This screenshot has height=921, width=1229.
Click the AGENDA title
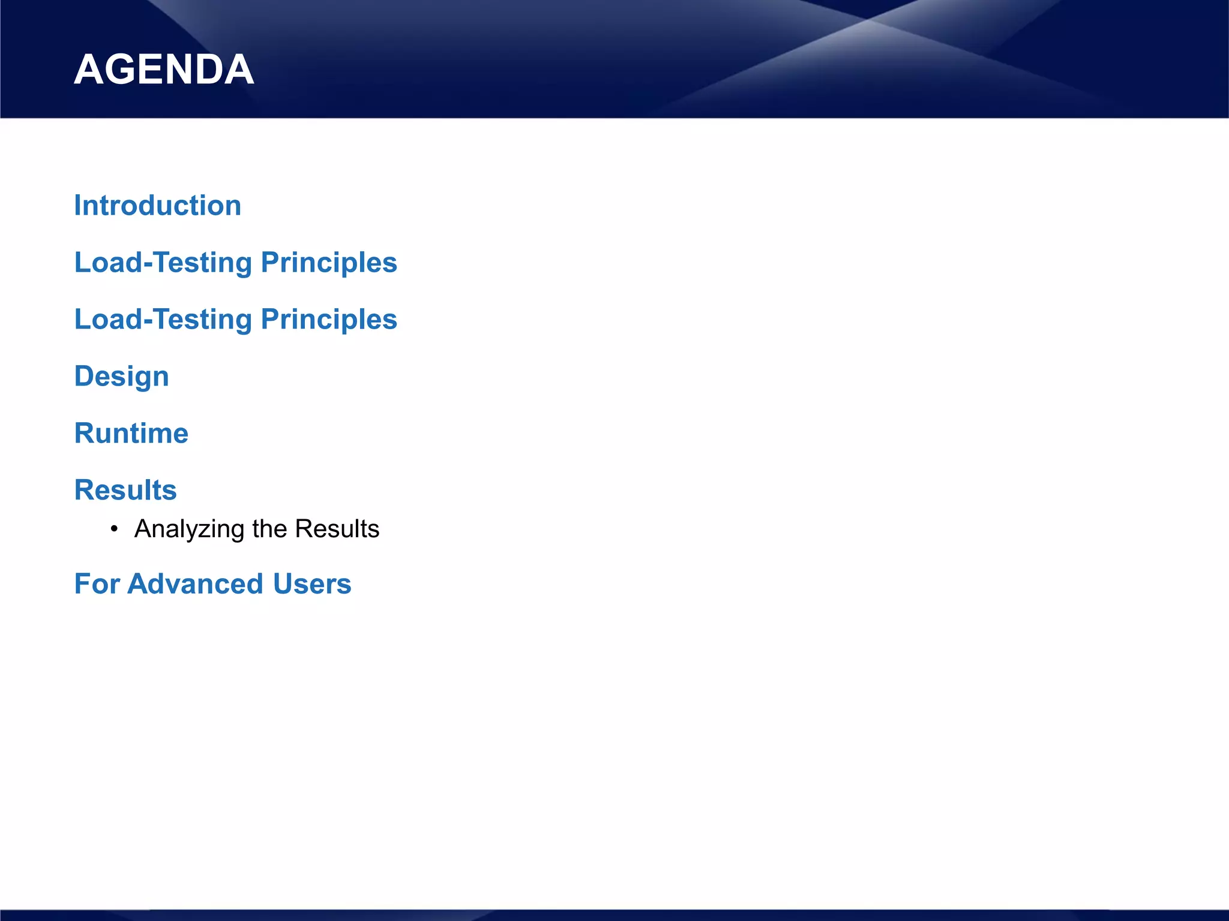click(164, 70)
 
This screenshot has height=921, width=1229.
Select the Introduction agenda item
click(157, 206)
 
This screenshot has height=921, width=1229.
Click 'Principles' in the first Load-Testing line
click(329, 263)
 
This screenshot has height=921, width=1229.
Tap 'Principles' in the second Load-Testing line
click(329, 320)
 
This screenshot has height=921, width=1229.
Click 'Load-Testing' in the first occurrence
click(163, 263)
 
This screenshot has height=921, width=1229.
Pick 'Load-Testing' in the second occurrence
click(163, 320)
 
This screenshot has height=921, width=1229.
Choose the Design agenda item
click(121, 377)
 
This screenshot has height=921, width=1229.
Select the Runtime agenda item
click(131, 433)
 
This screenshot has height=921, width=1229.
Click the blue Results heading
click(125, 490)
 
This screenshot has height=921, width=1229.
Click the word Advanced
click(195, 584)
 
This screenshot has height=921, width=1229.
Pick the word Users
click(311, 584)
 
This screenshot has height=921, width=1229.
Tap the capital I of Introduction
click(78, 206)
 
